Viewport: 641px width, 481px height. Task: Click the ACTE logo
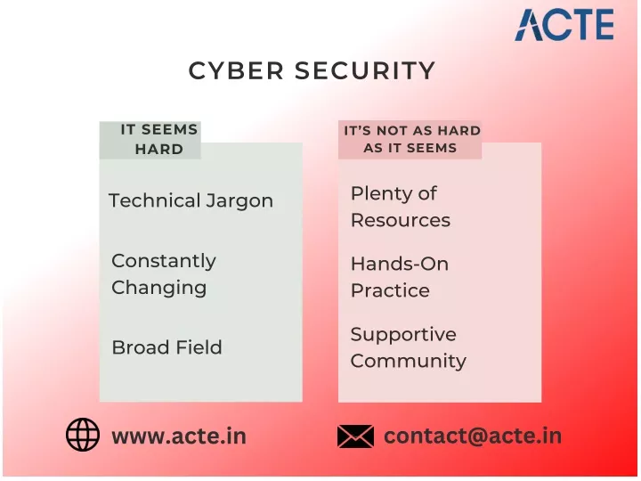pos(564,25)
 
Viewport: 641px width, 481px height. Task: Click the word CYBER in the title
pos(236,70)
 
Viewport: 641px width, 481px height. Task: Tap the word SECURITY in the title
pos(365,70)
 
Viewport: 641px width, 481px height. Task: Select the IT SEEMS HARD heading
pos(159,140)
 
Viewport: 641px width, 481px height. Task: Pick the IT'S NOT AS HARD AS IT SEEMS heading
pos(411,139)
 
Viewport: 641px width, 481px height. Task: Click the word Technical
pos(154,200)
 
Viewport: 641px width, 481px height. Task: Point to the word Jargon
pos(239,201)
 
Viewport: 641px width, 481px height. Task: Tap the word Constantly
pos(164,262)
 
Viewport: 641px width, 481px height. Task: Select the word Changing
pos(159,289)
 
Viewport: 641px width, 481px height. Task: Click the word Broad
pos(138,347)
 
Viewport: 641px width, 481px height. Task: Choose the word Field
pos(196,347)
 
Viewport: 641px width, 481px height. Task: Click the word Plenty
pos(380,194)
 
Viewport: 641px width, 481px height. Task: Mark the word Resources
pos(401,220)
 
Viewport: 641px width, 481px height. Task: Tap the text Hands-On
pos(400,264)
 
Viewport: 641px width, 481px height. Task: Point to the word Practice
pos(390,290)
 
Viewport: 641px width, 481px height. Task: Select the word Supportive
pos(403,335)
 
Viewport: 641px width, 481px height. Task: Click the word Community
pos(408,361)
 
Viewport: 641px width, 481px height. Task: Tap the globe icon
pos(83,435)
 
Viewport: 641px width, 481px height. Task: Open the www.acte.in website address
pos(179,436)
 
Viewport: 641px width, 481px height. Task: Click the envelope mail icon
pos(355,436)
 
